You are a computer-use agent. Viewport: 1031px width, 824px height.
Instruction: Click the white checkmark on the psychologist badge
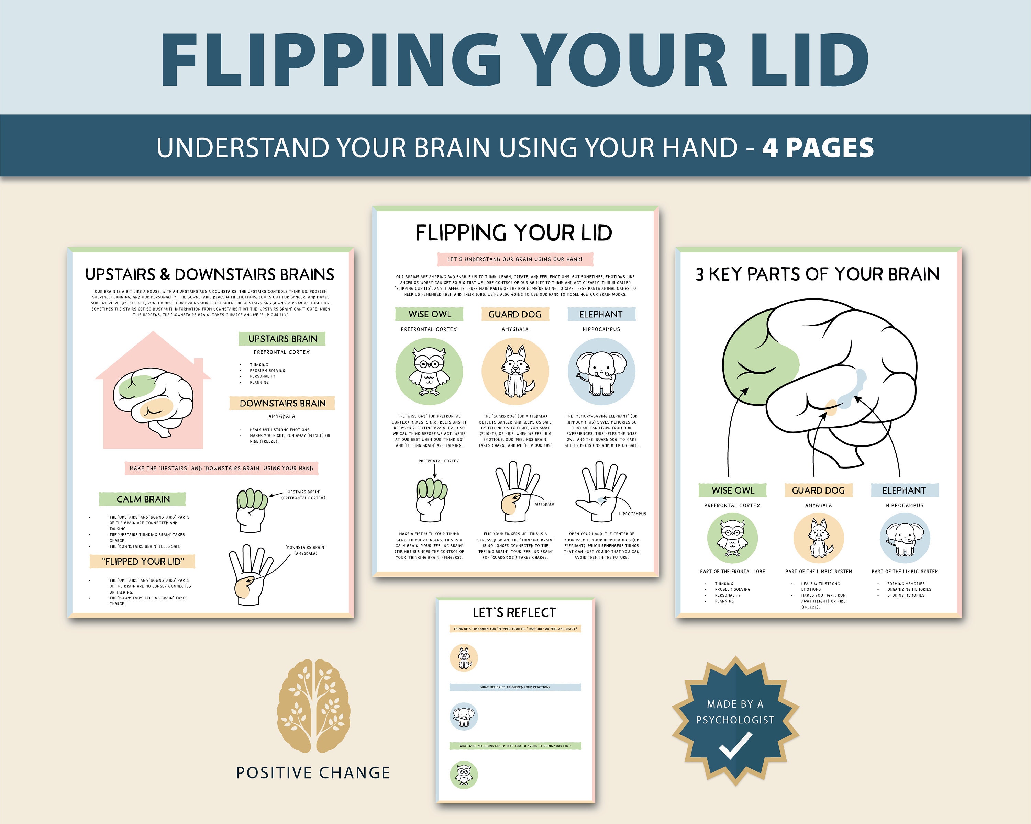[735, 746]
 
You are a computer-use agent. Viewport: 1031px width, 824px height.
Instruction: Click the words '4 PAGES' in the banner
[818, 148]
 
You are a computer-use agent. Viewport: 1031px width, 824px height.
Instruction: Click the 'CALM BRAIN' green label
[143, 499]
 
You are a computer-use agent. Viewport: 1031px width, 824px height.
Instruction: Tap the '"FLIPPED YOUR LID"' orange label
[143, 562]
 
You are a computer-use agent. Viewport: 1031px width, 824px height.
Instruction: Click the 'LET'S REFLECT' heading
[514, 612]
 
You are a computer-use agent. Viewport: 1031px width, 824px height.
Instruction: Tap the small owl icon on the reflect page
[463, 775]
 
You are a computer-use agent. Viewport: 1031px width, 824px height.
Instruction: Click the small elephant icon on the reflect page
[463, 716]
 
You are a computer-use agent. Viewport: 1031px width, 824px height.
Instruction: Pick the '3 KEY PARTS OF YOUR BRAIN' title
[818, 274]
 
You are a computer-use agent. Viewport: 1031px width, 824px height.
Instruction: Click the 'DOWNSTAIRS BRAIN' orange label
[282, 403]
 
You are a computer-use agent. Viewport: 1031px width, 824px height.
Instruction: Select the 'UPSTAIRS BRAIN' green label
[282, 339]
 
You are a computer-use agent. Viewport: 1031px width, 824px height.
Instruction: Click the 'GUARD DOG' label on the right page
[818, 490]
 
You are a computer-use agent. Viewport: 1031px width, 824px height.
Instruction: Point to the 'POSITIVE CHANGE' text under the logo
[313, 773]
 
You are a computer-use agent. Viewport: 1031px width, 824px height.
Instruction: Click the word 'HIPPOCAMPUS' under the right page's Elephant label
[904, 505]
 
